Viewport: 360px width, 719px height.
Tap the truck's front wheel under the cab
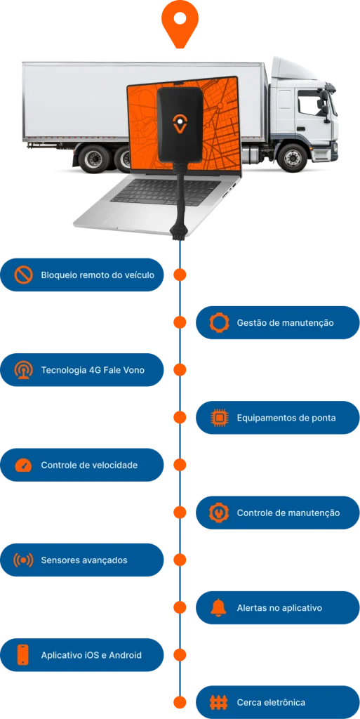[292, 157]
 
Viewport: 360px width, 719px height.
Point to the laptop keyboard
[165, 192]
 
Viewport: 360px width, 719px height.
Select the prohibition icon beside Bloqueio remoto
[23, 275]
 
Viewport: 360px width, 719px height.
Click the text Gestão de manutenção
[286, 323]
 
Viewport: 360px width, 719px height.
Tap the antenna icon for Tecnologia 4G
[23, 370]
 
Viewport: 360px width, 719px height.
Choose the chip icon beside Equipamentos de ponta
[218, 418]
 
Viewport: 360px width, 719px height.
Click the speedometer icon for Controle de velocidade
[23, 466]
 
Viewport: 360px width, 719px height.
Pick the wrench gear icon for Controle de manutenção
[218, 513]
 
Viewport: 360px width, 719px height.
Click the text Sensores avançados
[84, 560]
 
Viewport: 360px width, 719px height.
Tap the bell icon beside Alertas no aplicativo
[218, 607]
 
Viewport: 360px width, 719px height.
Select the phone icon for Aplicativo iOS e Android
[23, 655]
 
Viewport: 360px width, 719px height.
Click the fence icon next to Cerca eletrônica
[218, 702]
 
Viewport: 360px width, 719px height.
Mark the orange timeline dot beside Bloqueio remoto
[180, 275]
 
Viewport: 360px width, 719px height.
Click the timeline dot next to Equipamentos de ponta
[180, 418]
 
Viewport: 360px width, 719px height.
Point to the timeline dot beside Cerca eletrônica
[180, 702]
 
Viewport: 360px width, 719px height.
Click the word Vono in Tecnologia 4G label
[133, 370]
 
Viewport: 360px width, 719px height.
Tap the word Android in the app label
[125, 655]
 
